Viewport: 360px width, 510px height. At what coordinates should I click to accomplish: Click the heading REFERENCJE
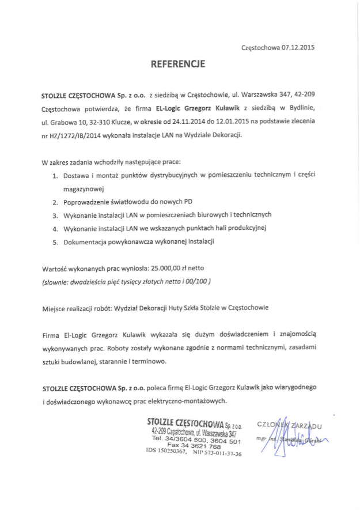pos(178,65)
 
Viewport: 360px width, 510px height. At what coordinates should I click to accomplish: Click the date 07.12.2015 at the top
pos(298,47)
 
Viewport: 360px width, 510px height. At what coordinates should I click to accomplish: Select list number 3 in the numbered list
pos(56,215)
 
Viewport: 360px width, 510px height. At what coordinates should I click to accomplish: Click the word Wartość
pos(56,269)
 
